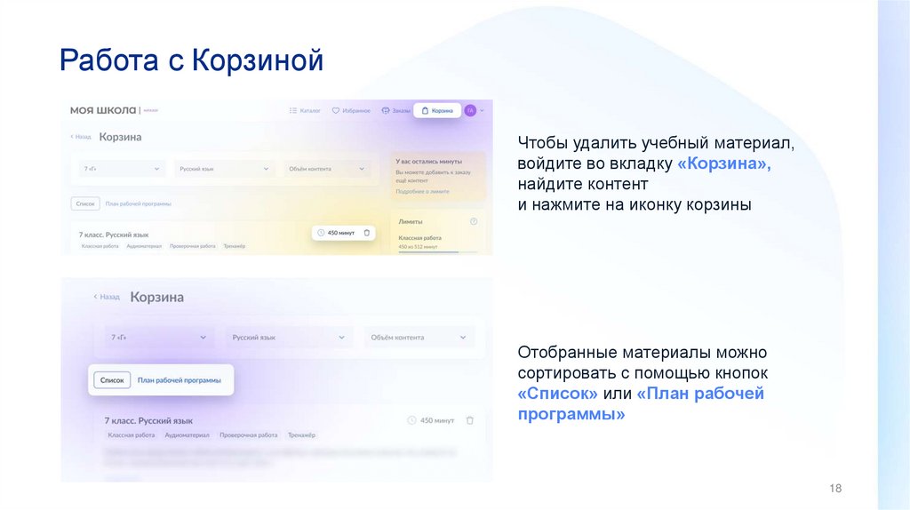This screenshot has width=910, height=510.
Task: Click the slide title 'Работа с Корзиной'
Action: click(191, 61)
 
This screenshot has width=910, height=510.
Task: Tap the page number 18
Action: click(834, 490)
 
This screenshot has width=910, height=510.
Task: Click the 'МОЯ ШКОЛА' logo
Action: click(104, 110)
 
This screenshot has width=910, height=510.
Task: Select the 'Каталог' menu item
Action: click(305, 111)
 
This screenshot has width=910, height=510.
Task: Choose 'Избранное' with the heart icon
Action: click(351, 111)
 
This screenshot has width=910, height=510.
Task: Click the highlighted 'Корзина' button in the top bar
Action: click(437, 111)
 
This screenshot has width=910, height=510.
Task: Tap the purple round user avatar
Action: click(470, 110)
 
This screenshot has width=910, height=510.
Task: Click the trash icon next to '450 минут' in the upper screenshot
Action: click(366, 233)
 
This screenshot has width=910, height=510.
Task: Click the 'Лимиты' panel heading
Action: click(411, 221)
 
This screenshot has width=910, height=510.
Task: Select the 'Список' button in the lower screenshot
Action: click(112, 379)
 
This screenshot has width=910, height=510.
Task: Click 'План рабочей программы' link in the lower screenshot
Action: click(179, 379)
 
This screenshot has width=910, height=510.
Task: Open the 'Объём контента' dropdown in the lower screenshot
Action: click(418, 338)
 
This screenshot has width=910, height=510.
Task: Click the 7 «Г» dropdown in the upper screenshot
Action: click(122, 169)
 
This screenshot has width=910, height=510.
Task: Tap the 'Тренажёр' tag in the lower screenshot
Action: click(301, 435)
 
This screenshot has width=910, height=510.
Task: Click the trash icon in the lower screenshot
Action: click(470, 420)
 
